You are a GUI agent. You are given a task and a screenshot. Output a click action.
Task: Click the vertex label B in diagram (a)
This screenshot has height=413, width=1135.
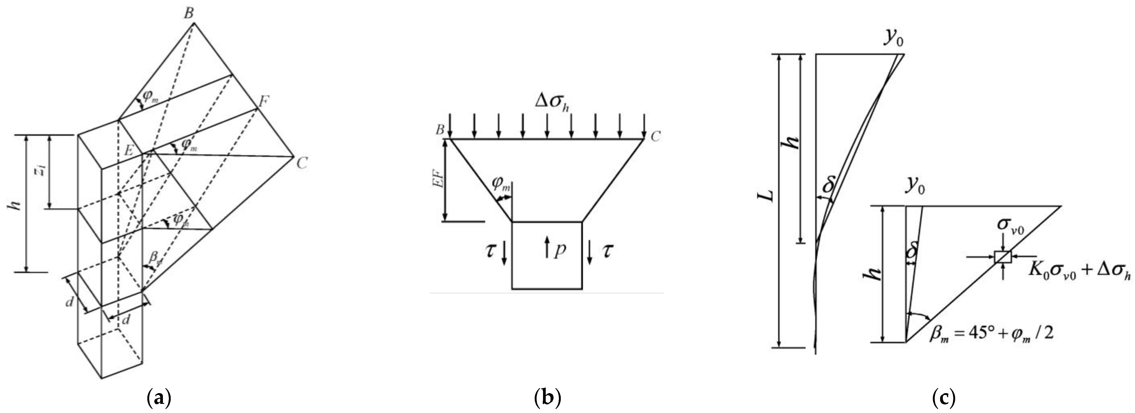coord(188,14)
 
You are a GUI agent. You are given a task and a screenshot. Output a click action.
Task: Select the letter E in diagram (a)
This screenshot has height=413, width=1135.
coord(129,151)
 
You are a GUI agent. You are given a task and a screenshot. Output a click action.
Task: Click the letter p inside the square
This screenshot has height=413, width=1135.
coord(559,250)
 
